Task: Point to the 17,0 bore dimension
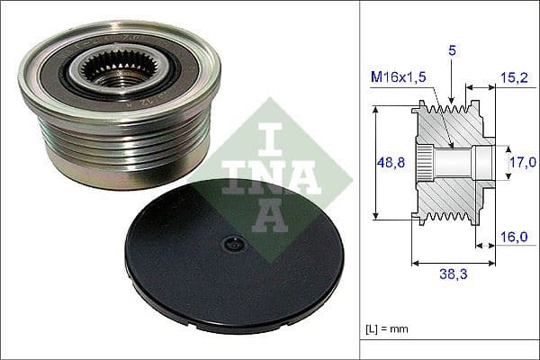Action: pyautogui.click(x=517, y=163)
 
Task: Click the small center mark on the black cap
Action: pyautogui.click(x=231, y=242)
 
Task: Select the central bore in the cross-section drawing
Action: pyautogui.click(x=459, y=164)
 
